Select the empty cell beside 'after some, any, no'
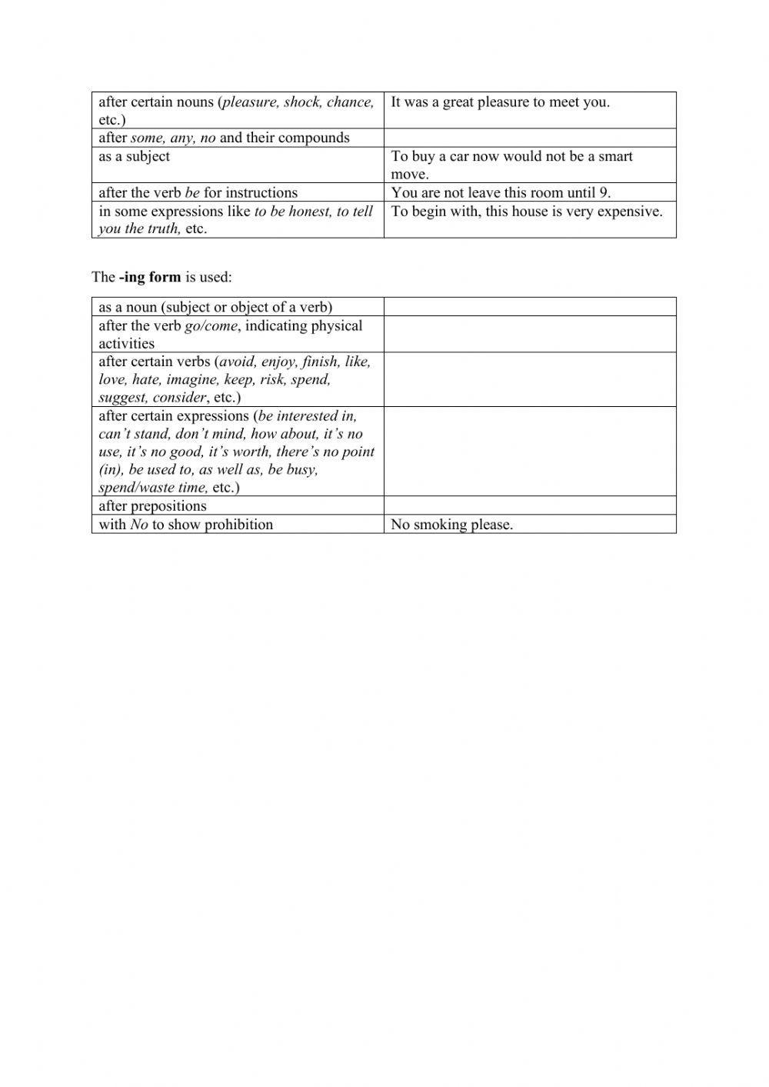pos(530,138)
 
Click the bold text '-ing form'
pos(150,277)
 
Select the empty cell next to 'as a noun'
pos(530,307)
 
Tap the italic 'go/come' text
pos(211,326)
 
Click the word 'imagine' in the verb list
pos(191,380)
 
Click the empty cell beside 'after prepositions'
pos(530,505)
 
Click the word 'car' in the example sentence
pos(459,156)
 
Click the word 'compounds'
pos(314,138)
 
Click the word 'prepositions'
pos(168,506)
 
